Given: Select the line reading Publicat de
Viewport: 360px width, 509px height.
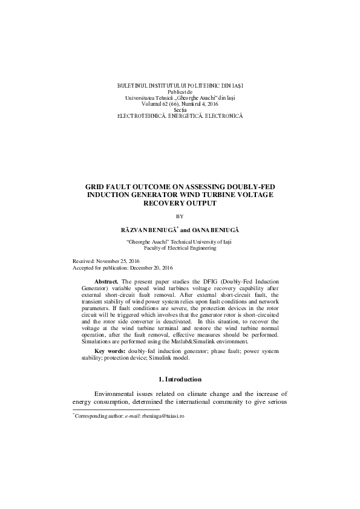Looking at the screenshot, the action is pyautogui.click(x=180, y=92).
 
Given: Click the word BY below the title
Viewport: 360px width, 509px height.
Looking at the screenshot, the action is pyautogui.click(x=179, y=216).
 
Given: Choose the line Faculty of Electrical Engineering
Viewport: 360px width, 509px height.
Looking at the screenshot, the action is pyautogui.click(x=180, y=248).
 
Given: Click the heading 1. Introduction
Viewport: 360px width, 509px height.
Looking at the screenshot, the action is pyautogui.click(x=180, y=379).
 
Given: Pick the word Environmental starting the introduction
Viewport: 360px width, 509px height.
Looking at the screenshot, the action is pyautogui.click(x=119, y=394).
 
